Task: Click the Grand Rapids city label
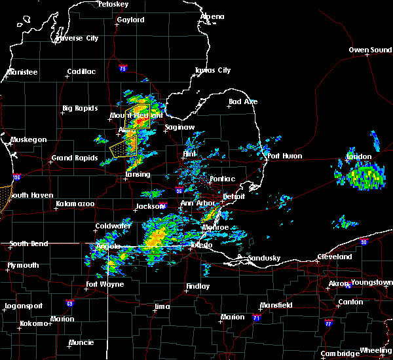click(74, 158)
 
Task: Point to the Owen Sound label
click(370, 50)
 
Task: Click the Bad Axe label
click(243, 101)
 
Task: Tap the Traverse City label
click(77, 38)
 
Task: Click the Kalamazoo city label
click(75, 204)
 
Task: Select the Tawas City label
click(213, 70)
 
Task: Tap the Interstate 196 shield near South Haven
click(17, 177)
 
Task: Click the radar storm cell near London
click(363, 177)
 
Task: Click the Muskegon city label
click(29, 139)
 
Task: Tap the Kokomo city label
click(36, 323)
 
